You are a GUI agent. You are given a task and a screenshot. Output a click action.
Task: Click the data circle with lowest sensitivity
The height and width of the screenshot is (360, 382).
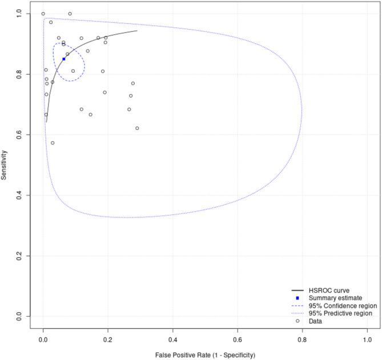coord(53,143)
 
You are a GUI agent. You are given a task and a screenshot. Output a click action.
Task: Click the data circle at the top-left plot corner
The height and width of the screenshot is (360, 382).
coord(43,14)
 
